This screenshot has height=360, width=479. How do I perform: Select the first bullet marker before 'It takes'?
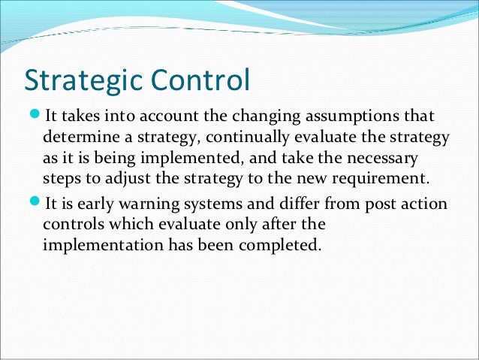point(35,117)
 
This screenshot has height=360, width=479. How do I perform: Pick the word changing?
point(271,117)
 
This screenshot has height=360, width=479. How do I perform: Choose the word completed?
point(278,245)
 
